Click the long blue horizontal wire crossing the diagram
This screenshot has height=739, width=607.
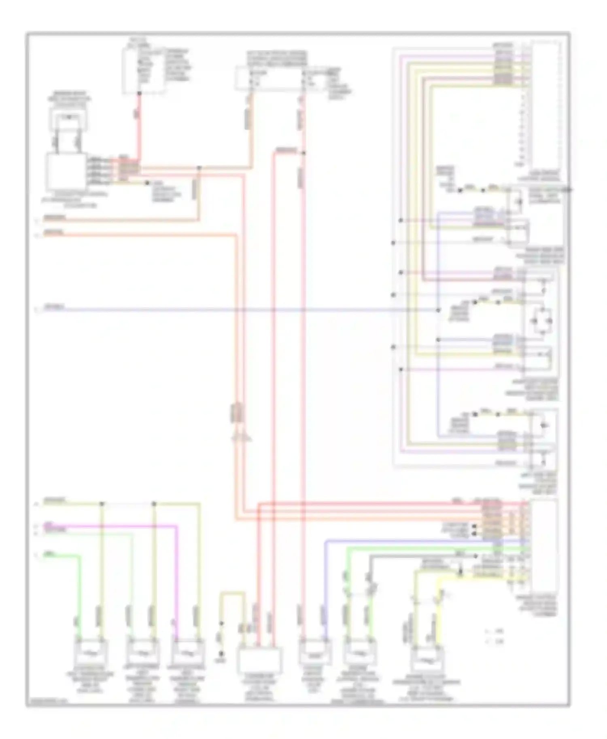pyautogui.click(x=243, y=310)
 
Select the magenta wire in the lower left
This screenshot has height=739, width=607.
pyautogui.click(x=121, y=526)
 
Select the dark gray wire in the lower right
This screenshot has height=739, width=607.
pyautogui.click(x=405, y=556)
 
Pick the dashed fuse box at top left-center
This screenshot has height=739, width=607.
pyautogui.click(x=143, y=72)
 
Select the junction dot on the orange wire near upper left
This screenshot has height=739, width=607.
pyautogui.click(x=199, y=168)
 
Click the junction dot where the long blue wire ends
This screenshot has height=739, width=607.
pyautogui.click(x=438, y=310)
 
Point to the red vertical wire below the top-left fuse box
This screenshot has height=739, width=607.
pyautogui.click(x=139, y=125)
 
